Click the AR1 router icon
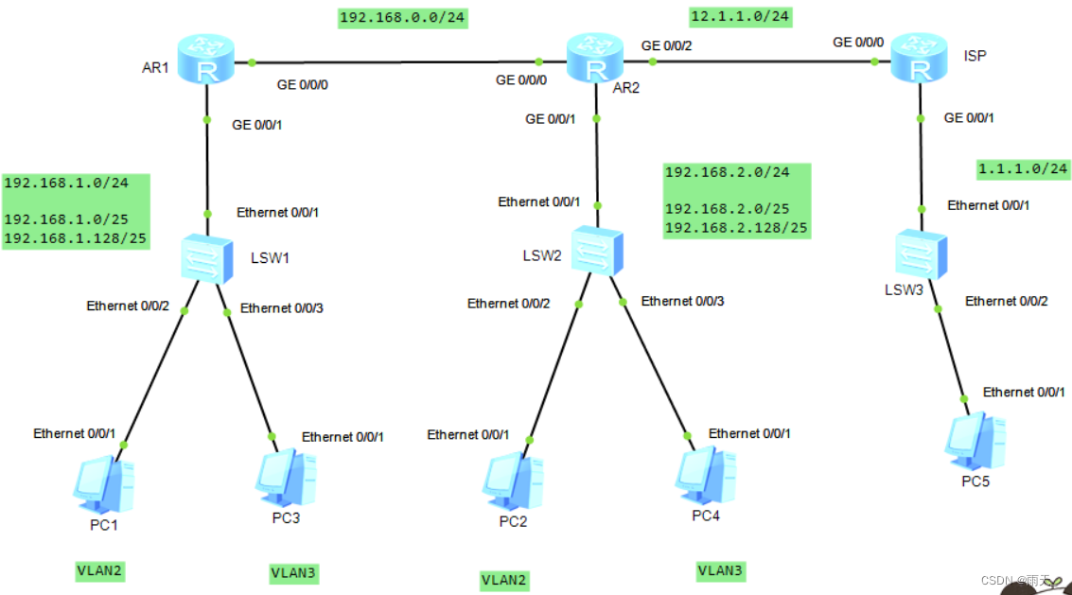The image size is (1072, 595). coord(205,60)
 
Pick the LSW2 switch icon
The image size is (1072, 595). coord(597,249)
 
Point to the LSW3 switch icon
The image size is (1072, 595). coord(920,254)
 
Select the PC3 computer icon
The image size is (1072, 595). coord(285,481)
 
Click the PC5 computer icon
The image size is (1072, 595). coord(975,441)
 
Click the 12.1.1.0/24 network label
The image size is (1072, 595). coord(740,16)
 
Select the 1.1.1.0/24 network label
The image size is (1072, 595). coord(1023,169)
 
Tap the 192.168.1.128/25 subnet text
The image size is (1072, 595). coord(75,238)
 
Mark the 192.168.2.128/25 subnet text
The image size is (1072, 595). coord(736,227)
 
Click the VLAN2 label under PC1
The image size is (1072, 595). coord(99,570)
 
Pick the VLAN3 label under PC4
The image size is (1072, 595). coord(720,570)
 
